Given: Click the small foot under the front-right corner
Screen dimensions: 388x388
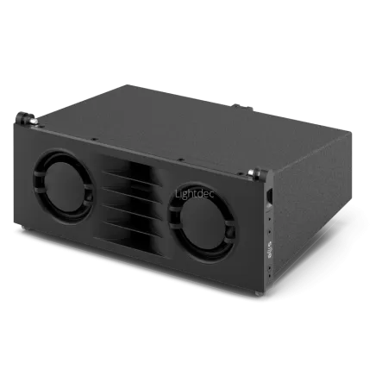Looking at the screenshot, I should click(x=258, y=293).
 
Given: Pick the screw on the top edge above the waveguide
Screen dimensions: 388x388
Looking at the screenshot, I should click(x=179, y=160).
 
